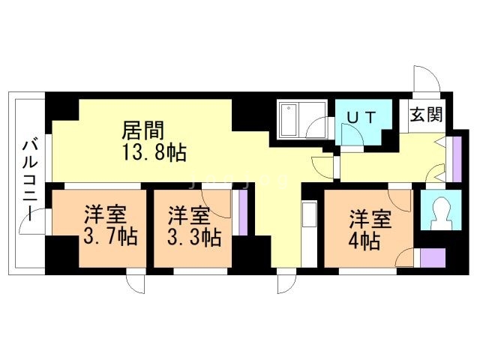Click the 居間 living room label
143,130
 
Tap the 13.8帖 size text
154,153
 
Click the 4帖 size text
364,241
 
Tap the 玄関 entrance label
426,115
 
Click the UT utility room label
362,117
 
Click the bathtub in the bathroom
289,120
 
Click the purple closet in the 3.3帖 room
242,213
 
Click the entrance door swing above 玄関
421,81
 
